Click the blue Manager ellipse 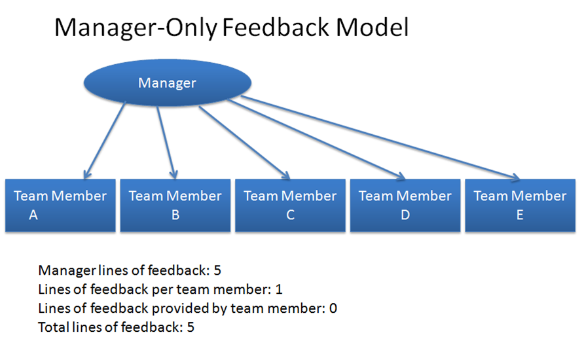pos(167,82)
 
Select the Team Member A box pos(60,206)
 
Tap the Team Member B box pos(175,206)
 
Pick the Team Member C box pos(290,206)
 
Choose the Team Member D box pos(405,206)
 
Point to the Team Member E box pos(520,206)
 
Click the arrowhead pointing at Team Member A pos(87,174)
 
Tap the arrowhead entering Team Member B pos(173,174)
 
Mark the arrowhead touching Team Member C pos(285,175)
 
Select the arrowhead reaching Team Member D pos(401,175)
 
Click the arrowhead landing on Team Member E pos(515,177)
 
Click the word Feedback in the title pos(276,27)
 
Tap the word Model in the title pos(372,27)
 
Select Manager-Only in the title pos(136,28)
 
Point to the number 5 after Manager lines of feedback pos(217,270)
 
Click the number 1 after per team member pos(279,289)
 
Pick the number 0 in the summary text pos(333,308)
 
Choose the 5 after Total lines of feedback pos(191,327)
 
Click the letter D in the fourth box pos(405,215)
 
